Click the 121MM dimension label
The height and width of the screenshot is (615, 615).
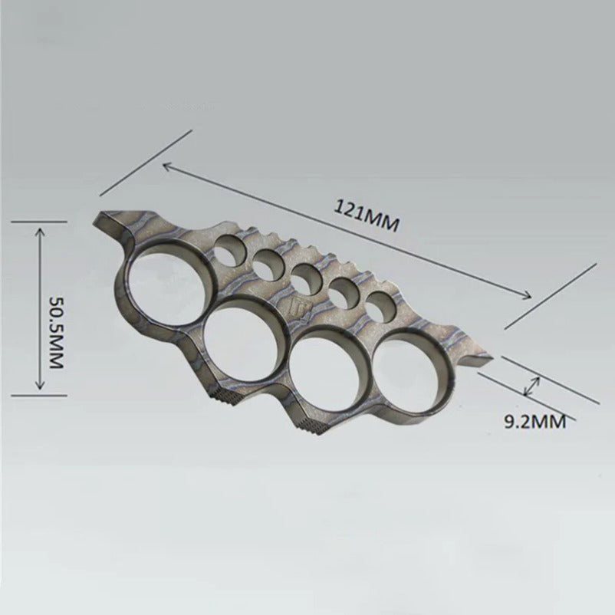pos(366,216)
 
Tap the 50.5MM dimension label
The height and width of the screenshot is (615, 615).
pos(55,331)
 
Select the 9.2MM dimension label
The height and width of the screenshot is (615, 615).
pos(535,423)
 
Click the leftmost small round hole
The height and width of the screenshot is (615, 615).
pos(229,251)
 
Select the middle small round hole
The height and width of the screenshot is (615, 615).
pos(306,279)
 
